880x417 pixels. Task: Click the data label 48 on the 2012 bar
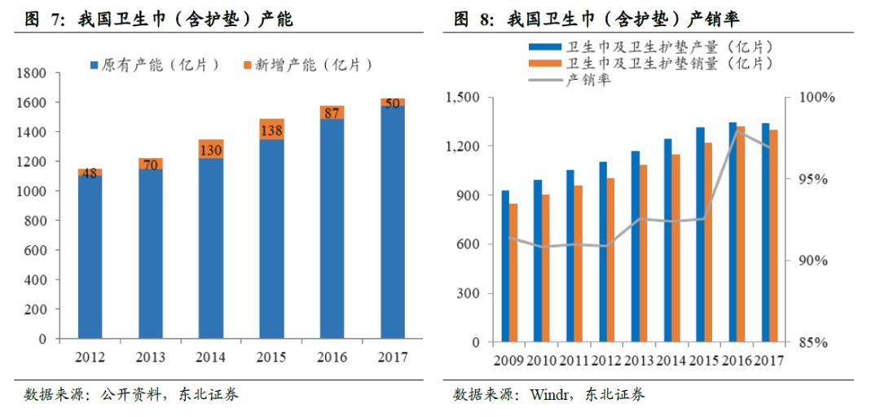click(x=90, y=173)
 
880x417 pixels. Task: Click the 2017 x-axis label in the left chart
click(x=393, y=358)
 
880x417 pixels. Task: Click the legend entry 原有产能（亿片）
click(x=161, y=65)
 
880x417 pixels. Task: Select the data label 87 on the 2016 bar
click(x=332, y=113)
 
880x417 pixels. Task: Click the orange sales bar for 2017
click(x=772, y=235)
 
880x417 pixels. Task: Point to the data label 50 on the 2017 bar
click(x=394, y=103)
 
